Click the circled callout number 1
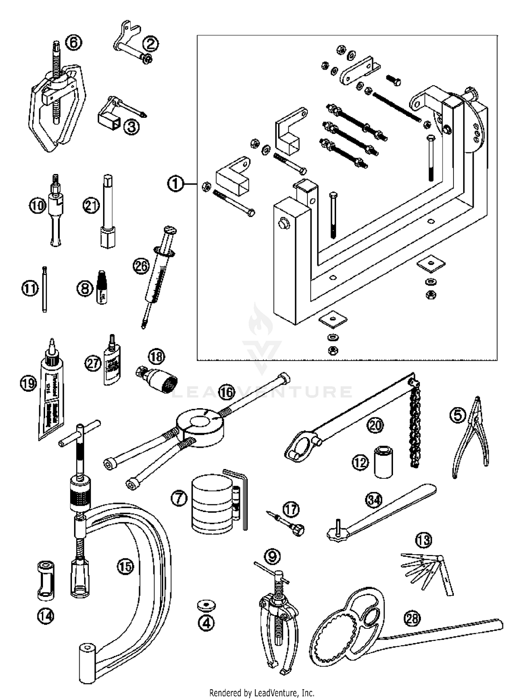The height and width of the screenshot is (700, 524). tap(175, 184)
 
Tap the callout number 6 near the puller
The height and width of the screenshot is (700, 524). tap(74, 43)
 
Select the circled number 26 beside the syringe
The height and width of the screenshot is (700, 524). tap(141, 266)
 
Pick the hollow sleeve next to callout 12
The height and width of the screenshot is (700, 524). tap(383, 461)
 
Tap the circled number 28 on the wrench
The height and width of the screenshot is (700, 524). tap(412, 619)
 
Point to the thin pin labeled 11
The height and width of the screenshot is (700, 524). tap(44, 289)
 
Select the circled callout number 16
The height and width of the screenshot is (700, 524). tap(227, 392)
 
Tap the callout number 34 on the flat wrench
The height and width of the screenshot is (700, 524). tap(374, 500)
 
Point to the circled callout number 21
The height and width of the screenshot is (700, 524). tap(91, 205)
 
